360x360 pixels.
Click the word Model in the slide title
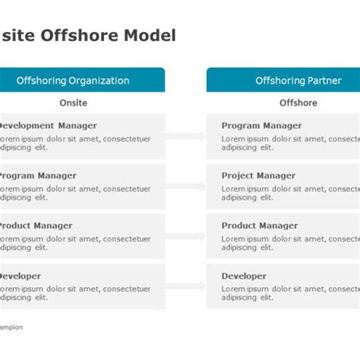tap(152, 35)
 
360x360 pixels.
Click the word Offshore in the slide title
tap(90, 35)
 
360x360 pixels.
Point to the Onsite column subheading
tap(73, 103)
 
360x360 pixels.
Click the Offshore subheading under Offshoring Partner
tap(298, 103)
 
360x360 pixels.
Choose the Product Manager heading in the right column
tap(258, 226)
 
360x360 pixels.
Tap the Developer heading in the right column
tap(244, 276)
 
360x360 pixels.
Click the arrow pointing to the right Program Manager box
tap(186, 137)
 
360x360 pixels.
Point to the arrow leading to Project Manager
tap(186, 187)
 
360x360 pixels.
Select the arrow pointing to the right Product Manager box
tap(186, 237)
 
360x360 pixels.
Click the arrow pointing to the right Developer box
tap(186, 287)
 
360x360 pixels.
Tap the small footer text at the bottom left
tap(11, 327)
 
